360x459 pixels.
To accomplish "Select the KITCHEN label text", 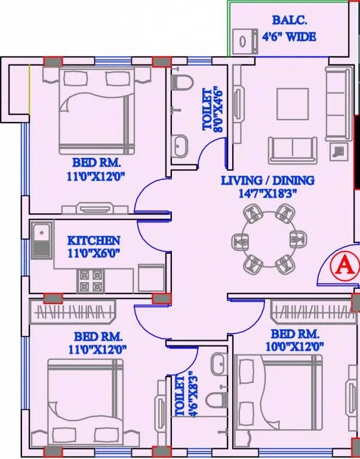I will (x=94, y=240).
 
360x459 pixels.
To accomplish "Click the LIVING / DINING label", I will (x=267, y=180).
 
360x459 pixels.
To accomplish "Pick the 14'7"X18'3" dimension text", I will (x=268, y=192).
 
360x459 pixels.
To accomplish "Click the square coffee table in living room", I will (x=293, y=105).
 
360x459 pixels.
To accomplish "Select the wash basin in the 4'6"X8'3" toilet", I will (x=219, y=363).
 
